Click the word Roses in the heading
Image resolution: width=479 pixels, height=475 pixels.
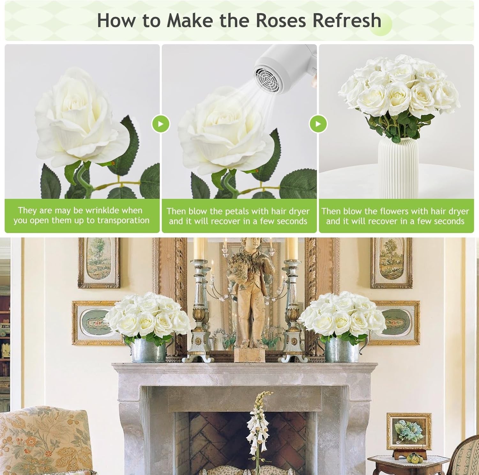(281, 20)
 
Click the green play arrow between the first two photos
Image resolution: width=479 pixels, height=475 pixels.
(160, 124)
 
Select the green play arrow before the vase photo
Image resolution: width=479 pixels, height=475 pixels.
(318, 124)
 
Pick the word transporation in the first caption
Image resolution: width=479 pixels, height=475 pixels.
(123, 221)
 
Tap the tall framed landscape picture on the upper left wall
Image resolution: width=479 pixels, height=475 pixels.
(99, 263)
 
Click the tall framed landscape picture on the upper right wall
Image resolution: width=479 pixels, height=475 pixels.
(391, 263)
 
